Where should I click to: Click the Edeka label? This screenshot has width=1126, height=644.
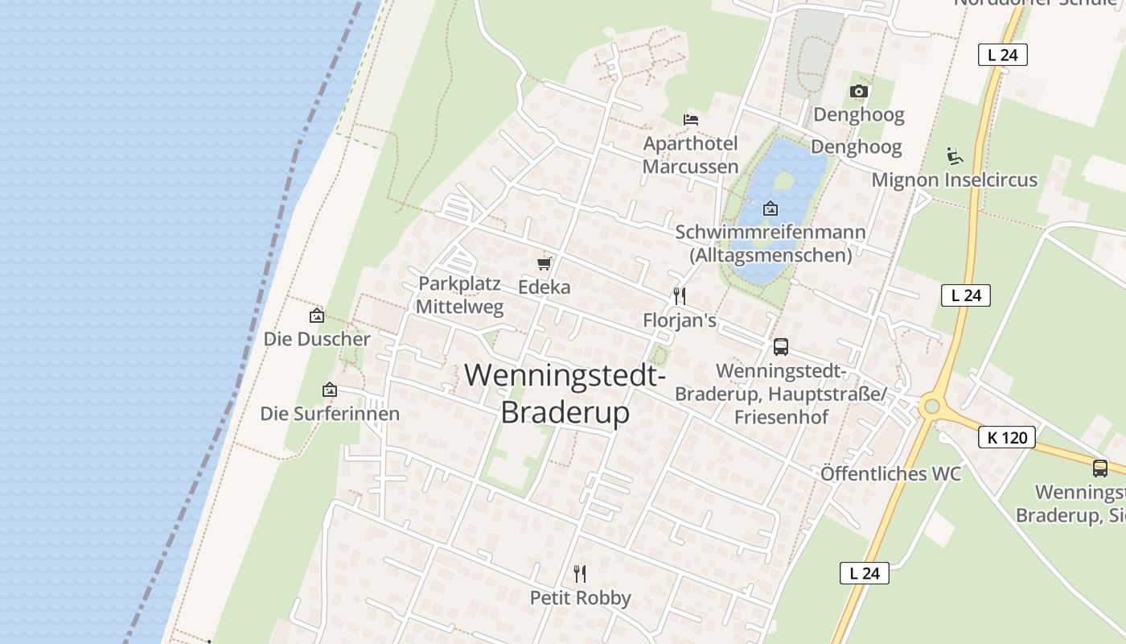(x=544, y=287)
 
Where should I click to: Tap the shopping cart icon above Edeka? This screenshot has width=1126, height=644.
(x=545, y=263)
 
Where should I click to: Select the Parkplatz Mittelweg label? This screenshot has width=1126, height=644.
(x=460, y=295)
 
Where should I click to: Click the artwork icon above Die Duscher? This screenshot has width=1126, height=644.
(x=317, y=316)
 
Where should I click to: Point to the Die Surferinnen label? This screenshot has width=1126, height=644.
(x=330, y=414)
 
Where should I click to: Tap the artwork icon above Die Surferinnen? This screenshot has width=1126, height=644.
(x=330, y=390)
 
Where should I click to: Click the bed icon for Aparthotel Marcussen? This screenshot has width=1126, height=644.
(x=690, y=120)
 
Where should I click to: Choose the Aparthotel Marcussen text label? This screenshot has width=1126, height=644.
(x=690, y=155)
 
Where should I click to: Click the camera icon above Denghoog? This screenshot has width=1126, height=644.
(x=859, y=92)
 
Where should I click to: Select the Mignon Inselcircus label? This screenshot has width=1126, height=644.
(x=955, y=180)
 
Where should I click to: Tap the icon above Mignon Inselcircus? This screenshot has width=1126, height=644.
(x=955, y=155)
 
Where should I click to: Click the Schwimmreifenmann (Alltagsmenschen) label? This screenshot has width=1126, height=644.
(x=771, y=243)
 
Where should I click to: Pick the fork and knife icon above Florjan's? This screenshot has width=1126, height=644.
(x=680, y=295)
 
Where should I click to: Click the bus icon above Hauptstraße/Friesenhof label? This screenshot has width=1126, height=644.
(x=780, y=347)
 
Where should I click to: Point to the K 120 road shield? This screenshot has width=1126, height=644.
(x=1006, y=438)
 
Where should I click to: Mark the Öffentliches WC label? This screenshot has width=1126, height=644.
(x=890, y=473)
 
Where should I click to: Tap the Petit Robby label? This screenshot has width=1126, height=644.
(x=580, y=598)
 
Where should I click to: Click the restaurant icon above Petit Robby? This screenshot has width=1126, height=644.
(x=580, y=573)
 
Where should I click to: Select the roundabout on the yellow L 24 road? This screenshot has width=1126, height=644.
(x=932, y=406)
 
